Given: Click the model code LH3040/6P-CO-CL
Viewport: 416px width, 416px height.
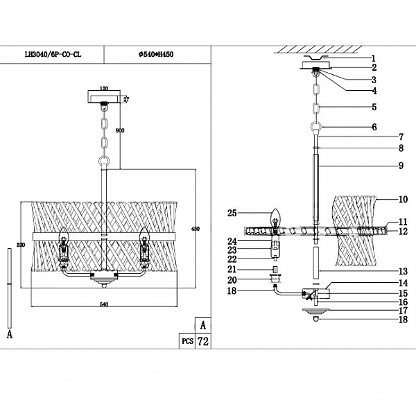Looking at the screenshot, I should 53,55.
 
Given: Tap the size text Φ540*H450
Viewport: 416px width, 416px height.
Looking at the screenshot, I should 157,55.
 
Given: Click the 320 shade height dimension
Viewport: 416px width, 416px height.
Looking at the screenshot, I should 21,244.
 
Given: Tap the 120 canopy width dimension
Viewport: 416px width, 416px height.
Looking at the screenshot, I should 105,89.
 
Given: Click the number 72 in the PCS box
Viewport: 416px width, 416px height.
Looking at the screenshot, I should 203,342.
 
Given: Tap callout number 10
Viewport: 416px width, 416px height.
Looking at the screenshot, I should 404,200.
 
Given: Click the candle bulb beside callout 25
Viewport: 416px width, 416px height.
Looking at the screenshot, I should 275,216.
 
